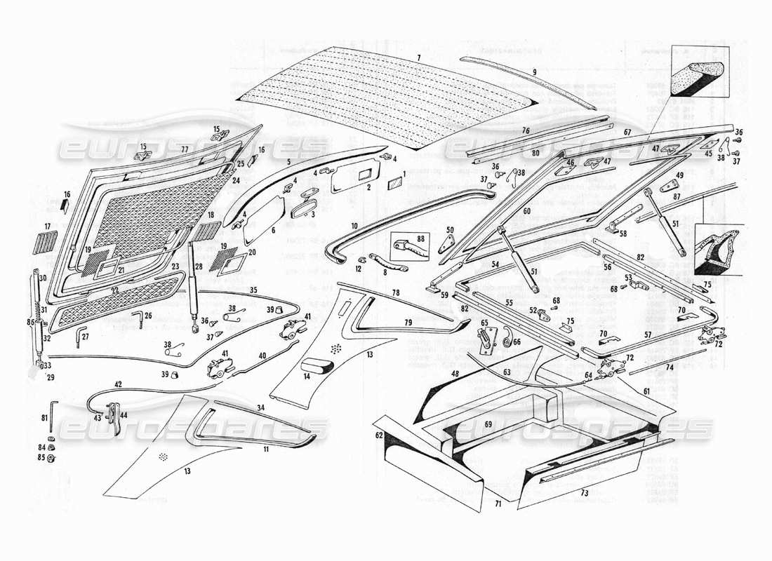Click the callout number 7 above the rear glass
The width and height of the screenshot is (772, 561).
click(418, 56)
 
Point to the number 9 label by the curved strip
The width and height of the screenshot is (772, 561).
click(533, 72)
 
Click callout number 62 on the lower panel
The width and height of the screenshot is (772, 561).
click(380, 435)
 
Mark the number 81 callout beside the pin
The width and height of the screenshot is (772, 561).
click(44, 419)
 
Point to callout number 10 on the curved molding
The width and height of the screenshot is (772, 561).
click(355, 226)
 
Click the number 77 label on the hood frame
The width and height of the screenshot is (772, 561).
click(185, 149)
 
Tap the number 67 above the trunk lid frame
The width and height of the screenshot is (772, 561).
click(627, 131)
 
